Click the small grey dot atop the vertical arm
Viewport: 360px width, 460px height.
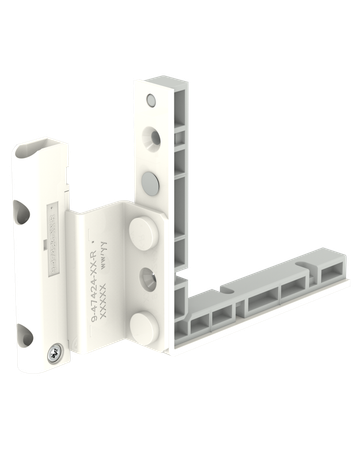(x=149, y=101)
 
